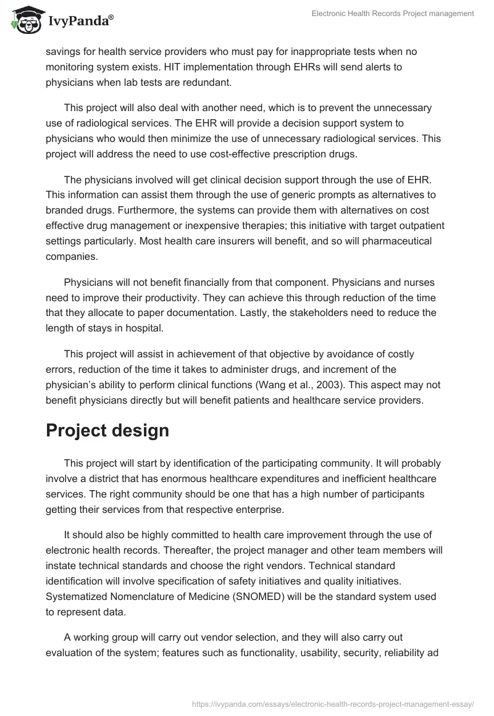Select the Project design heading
[x=107, y=430]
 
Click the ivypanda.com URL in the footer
[x=333, y=703]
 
